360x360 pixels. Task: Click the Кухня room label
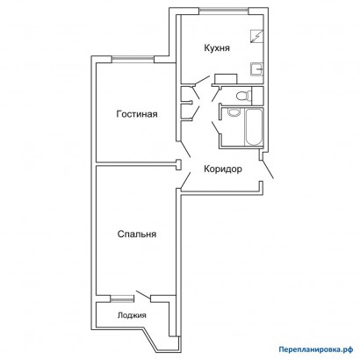coord(217,48)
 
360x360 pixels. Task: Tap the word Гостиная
coord(137,114)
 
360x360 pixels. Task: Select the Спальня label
coord(137,234)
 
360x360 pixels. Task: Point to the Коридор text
coord(223,169)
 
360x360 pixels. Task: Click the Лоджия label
coord(132,315)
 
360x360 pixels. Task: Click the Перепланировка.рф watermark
coord(316,349)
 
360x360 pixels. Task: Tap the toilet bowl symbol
coord(244,95)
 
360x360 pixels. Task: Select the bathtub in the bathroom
coord(254,127)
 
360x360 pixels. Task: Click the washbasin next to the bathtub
coord(234,112)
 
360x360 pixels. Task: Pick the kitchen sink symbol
coord(257,69)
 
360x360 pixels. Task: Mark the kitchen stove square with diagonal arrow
coord(257,37)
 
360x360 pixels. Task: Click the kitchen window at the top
coord(224,11)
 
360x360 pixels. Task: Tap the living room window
coord(133,59)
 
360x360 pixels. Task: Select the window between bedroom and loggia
coord(121,299)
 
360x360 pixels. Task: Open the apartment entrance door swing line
coord(267,169)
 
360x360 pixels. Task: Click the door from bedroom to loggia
coord(143,295)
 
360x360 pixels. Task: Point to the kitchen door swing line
coord(201,81)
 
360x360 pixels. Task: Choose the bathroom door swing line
coord(216,128)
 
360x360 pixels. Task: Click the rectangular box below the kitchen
coord(226,79)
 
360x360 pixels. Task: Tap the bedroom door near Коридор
coord(185,180)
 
